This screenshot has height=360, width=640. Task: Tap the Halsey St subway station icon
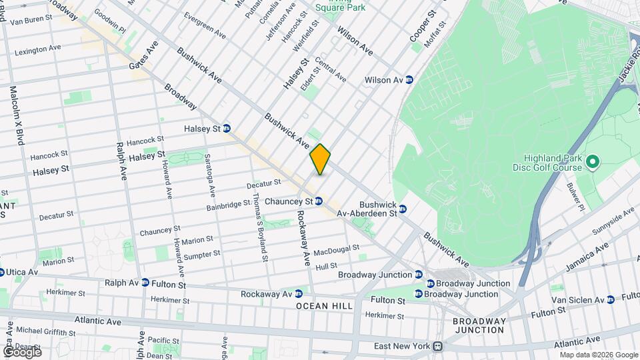[x=227, y=128]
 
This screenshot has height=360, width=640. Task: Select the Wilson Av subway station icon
[x=410, y=80]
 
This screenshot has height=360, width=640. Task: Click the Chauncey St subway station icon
[x=319, y=201]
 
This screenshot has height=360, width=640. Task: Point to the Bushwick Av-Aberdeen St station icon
[x=403, y=209]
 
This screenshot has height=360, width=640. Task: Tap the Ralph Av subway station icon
[x=145, y=283]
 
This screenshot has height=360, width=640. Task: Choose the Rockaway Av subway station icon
[x=298, y=293]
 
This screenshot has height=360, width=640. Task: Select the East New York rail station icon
[x=437, y=346]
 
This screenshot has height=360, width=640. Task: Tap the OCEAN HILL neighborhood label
[x=322, y=306]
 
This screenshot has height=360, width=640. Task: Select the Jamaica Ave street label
[x=587, y=257]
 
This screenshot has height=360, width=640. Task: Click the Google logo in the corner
[x=22, y=351]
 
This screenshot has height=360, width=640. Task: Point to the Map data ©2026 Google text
[x=598, y=355]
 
